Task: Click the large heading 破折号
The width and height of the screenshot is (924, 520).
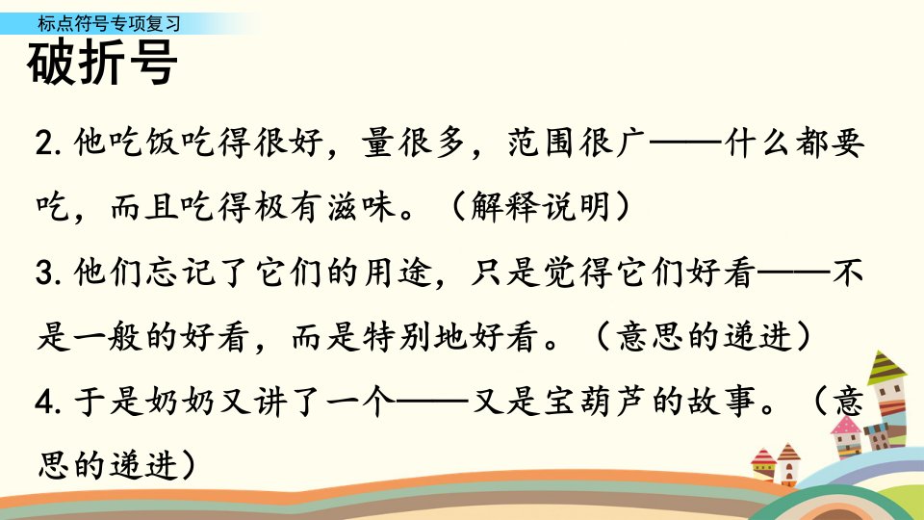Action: click(102, 63)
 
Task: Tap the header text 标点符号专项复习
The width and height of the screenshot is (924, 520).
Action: click(109, 23)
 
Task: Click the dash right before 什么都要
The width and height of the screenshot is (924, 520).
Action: click(685, 143)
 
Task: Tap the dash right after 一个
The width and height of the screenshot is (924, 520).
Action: click(433, 402)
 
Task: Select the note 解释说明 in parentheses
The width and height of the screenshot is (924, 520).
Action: click(540, 207)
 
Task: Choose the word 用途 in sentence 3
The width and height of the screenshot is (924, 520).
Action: click(398, 273)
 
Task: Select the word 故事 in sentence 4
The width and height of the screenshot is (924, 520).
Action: click(721, 403)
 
